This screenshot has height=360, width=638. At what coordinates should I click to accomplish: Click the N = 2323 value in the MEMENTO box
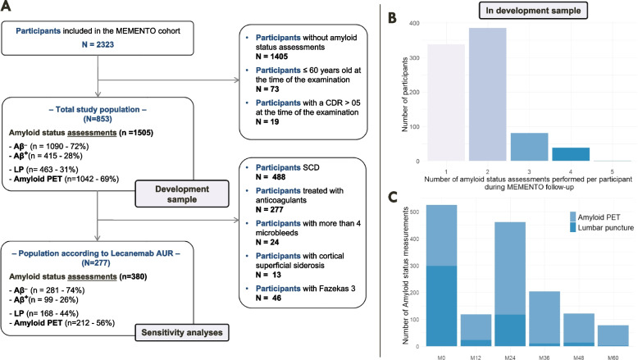click(98, 44)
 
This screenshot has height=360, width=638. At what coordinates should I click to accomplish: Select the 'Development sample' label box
click(182, 194)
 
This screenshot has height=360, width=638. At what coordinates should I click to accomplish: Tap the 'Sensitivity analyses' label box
click(182, 332)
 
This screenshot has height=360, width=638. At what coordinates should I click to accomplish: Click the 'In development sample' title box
click(533, 11)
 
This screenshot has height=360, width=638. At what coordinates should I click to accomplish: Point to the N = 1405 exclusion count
click(271, 57)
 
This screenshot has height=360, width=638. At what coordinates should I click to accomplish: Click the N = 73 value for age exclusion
click(267, 89)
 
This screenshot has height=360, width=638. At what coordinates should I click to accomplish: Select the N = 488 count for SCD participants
click(271, 177)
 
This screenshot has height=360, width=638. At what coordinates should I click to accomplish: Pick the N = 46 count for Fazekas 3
click(268, 298)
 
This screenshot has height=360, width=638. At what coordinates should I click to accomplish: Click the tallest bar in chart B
click(487, 94)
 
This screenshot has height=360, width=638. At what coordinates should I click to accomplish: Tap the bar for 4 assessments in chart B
click(571, 154)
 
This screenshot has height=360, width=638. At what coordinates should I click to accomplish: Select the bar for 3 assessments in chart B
click(529, 147)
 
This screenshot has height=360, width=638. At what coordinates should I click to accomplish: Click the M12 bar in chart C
click(476, 330)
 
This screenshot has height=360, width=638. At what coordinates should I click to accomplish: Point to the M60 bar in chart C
click(613, 335)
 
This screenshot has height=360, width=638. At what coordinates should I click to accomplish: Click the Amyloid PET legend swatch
click(573, 216)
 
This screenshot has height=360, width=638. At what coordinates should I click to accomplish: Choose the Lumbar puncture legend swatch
click(573, 227)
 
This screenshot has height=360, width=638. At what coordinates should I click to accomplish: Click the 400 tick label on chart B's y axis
click(414, 23)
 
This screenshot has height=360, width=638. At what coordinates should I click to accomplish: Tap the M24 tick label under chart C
click(510, 358)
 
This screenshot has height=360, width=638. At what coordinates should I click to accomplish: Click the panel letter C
click(392, 197)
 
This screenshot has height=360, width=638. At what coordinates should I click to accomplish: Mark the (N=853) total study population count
click(98, 119)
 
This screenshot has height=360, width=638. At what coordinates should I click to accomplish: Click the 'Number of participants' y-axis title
click(404, 94)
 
